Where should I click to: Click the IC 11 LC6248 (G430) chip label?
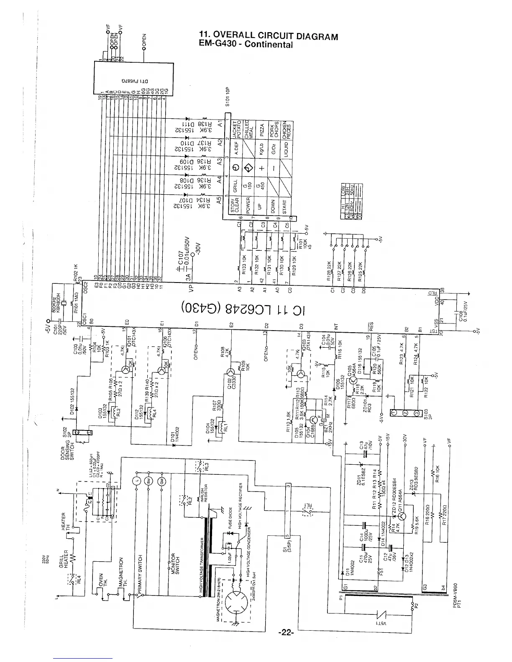(243, 309)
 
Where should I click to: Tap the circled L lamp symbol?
(138, 479)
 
